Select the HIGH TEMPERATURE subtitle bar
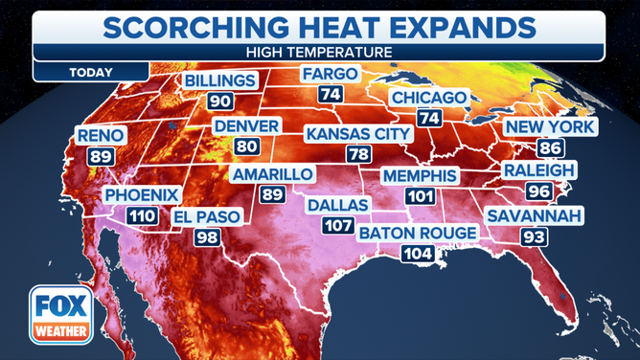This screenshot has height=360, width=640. point(319,53)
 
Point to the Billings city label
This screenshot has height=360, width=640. point(221,80)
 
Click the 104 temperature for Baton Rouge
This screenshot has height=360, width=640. point(419,255)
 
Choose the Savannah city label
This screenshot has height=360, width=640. point(535,215)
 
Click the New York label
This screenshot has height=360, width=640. point(549,126)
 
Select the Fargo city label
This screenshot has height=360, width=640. point(330,74)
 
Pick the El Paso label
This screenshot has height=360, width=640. point(208,218)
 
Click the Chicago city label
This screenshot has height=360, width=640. point(428,98)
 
